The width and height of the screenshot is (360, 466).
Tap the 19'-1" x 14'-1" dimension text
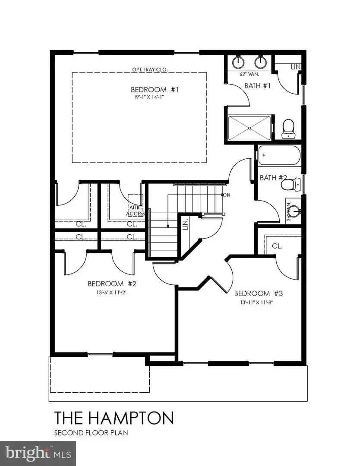point(148,98)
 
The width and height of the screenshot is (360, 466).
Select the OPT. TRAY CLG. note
point(150,69)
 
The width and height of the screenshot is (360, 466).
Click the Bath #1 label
point(257,85)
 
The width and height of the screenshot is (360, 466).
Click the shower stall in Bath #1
point(249,128)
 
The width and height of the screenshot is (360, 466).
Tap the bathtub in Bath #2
point(278,156)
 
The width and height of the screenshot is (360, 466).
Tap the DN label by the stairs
point(227,195)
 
